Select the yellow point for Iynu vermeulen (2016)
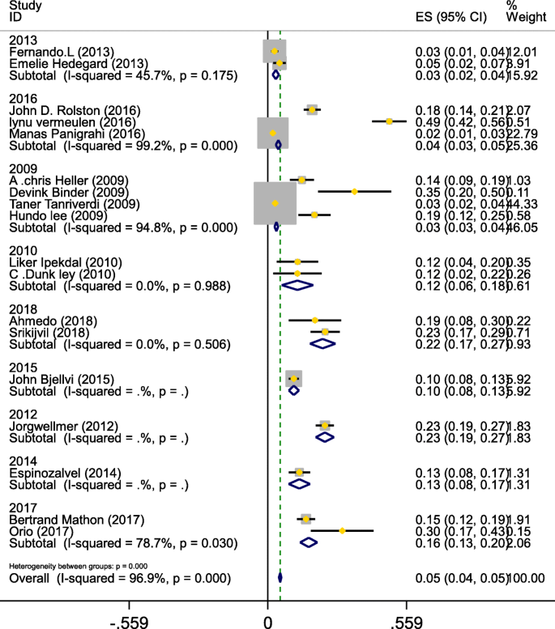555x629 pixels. coord(390,121)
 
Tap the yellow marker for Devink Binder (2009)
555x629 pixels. coord(355,192)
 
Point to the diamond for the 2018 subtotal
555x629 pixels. coord(323,343)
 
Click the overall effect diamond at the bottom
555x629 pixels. coord(280,578)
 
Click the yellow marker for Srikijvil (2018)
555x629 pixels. coord(325,332)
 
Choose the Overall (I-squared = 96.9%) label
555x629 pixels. coord(119,579)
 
